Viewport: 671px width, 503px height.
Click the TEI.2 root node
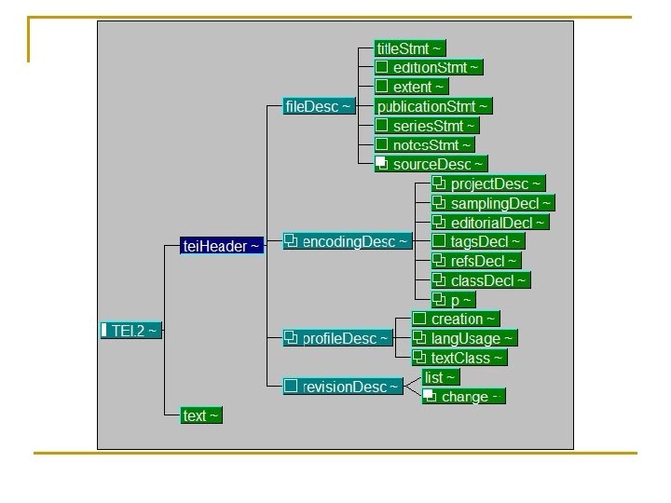[131, 331]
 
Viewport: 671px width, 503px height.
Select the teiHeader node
[222, 246]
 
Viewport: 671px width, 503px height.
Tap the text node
[201, 415]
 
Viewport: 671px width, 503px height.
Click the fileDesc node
[319, 107]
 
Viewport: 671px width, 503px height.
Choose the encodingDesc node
[348, 242]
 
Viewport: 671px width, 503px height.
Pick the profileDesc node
[338, 338]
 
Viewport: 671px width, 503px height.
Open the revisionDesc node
[343, 387]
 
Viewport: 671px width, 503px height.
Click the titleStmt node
[410, 48]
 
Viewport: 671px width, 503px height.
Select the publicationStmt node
[432, 106]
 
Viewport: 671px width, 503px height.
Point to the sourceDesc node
[431, 165]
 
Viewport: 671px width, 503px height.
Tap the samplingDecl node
[493, 203]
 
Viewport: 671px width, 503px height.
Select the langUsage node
[464, 338]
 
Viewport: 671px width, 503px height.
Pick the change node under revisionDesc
[463, 397]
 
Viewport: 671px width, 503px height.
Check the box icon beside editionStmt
[382, 67]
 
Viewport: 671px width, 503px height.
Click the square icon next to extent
[382, 87]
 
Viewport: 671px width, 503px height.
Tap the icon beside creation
[419, 319]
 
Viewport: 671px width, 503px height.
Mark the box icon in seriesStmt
[382, 126]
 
